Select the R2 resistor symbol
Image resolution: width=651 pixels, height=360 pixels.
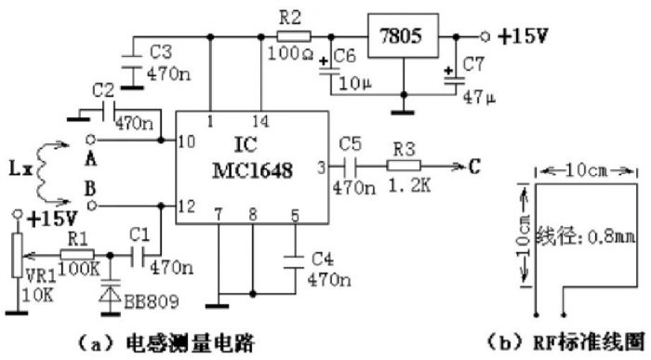pyautogui.click(x=292, y=37)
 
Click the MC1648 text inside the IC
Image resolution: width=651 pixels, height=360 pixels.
pyautogui.click(x=250, y=172)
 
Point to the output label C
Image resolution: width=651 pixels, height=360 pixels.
pyautogui.click(x=474, y=167)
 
